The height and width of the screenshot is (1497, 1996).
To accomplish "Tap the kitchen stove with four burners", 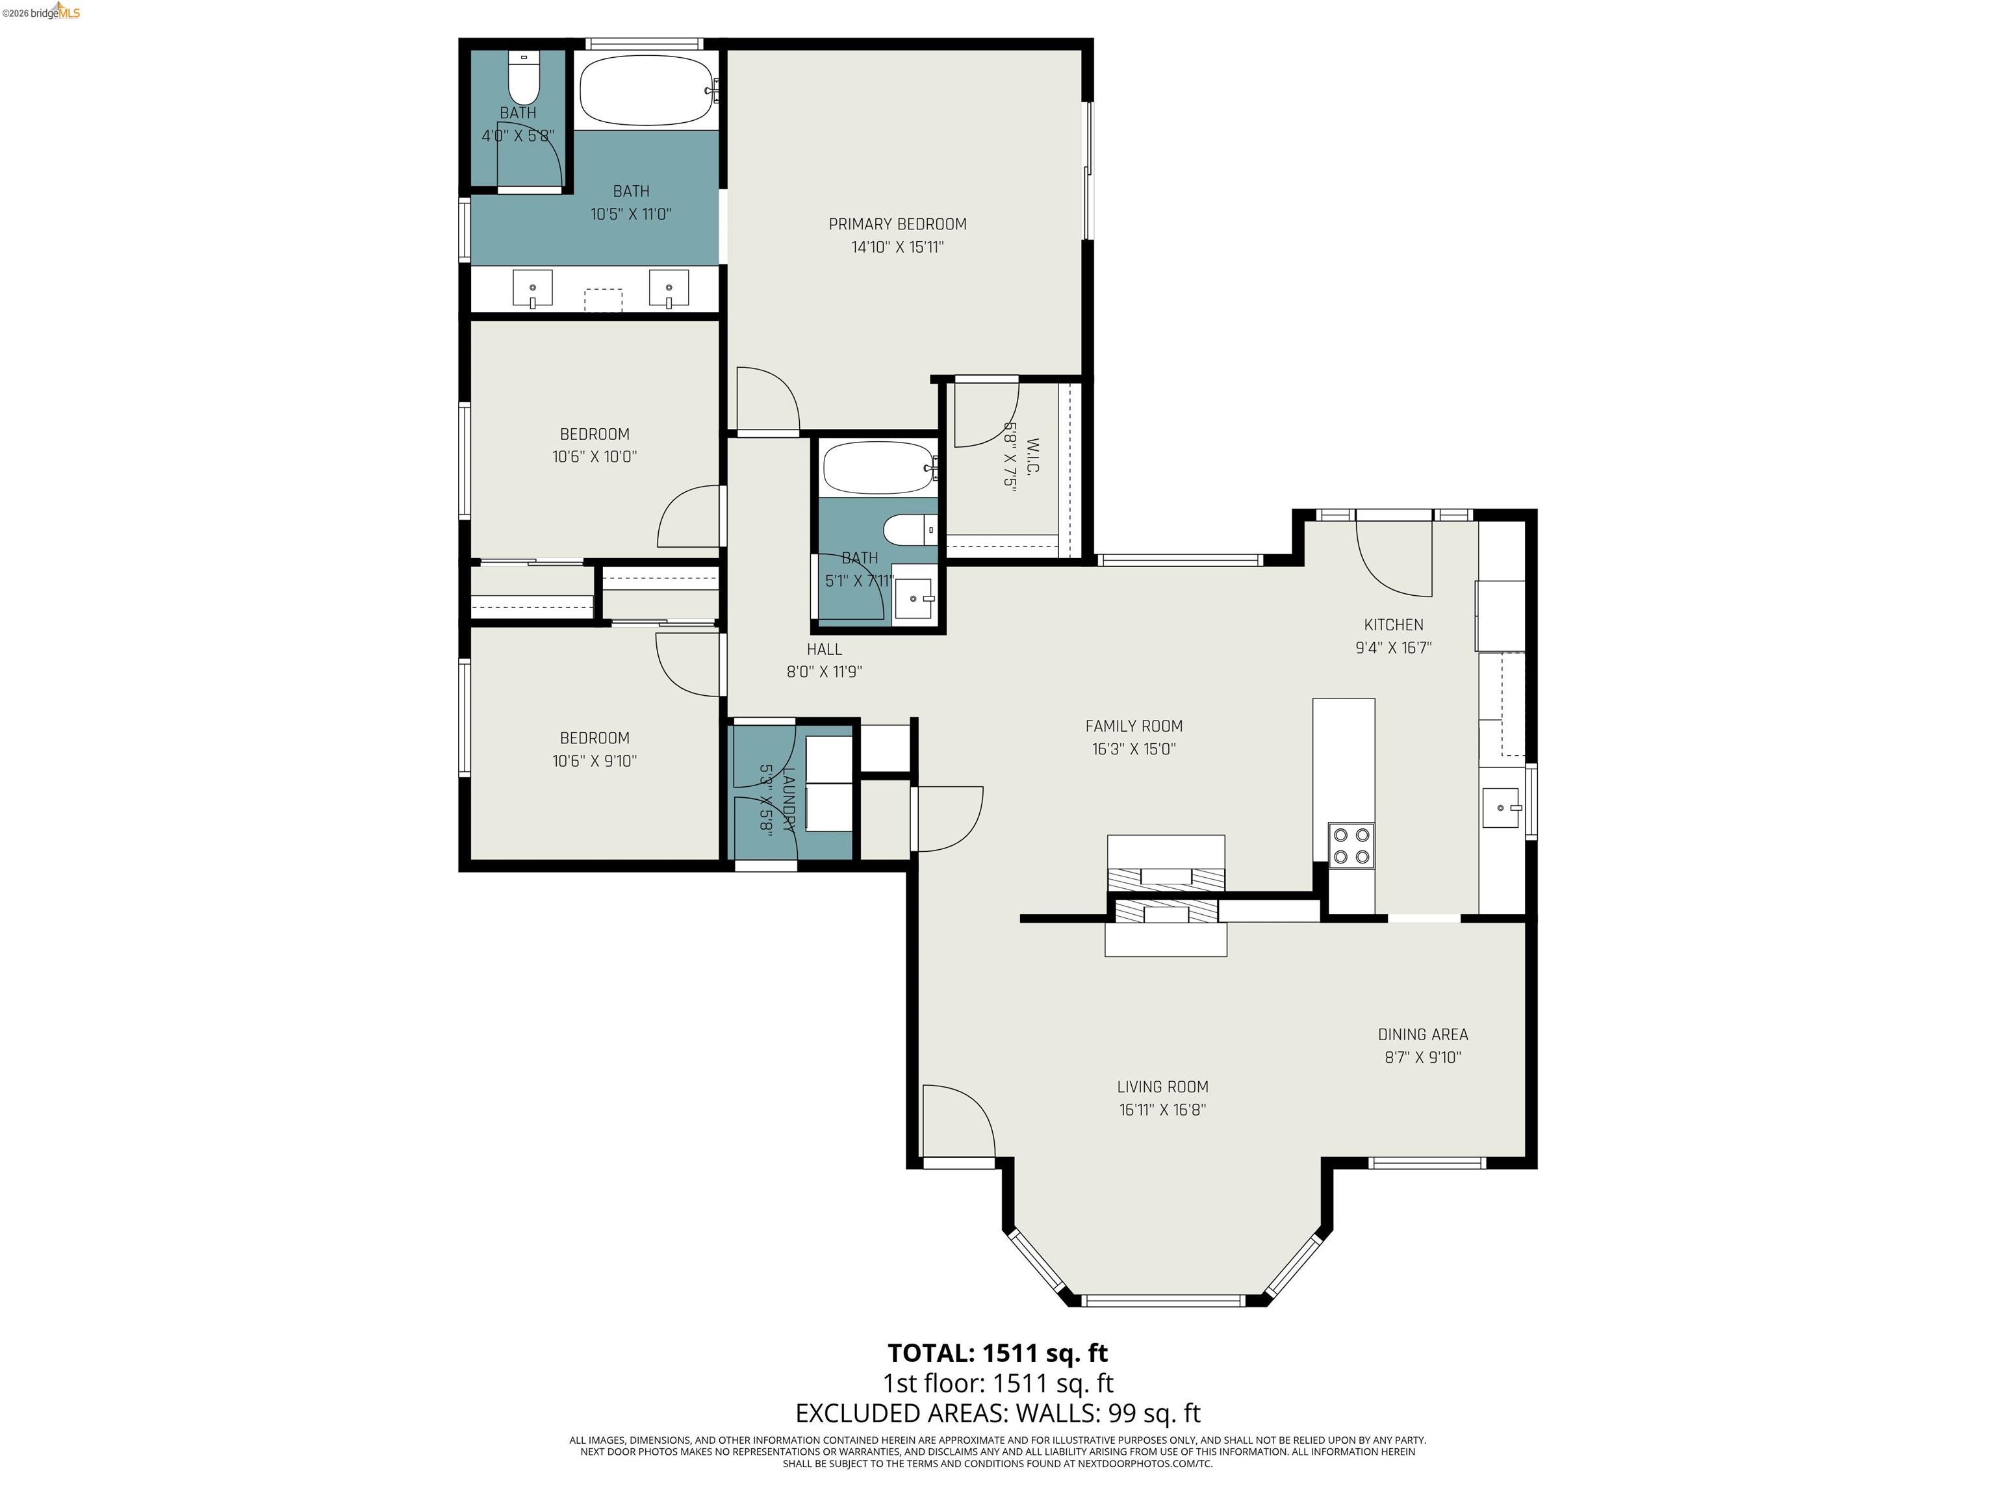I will [1351, 845].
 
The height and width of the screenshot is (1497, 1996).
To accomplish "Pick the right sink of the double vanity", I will [669, 288].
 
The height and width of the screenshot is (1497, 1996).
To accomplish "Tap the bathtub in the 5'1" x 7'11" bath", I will [877, 467].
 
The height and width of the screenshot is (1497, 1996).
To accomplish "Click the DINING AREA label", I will [1422, 1034].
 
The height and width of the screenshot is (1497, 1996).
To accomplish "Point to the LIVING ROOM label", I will [1162, 1086].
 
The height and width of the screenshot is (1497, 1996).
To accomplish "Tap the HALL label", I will [824, 649].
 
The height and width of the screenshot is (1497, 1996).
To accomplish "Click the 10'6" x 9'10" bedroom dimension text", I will [595, 761].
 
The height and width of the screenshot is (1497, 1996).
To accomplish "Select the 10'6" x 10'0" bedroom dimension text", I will [595, 457].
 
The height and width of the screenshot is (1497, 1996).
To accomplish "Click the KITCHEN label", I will [1393, 624].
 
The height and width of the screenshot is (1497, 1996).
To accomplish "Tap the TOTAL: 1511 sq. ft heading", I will [997, 1353].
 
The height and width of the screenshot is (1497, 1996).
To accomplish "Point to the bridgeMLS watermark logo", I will [42, 12].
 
